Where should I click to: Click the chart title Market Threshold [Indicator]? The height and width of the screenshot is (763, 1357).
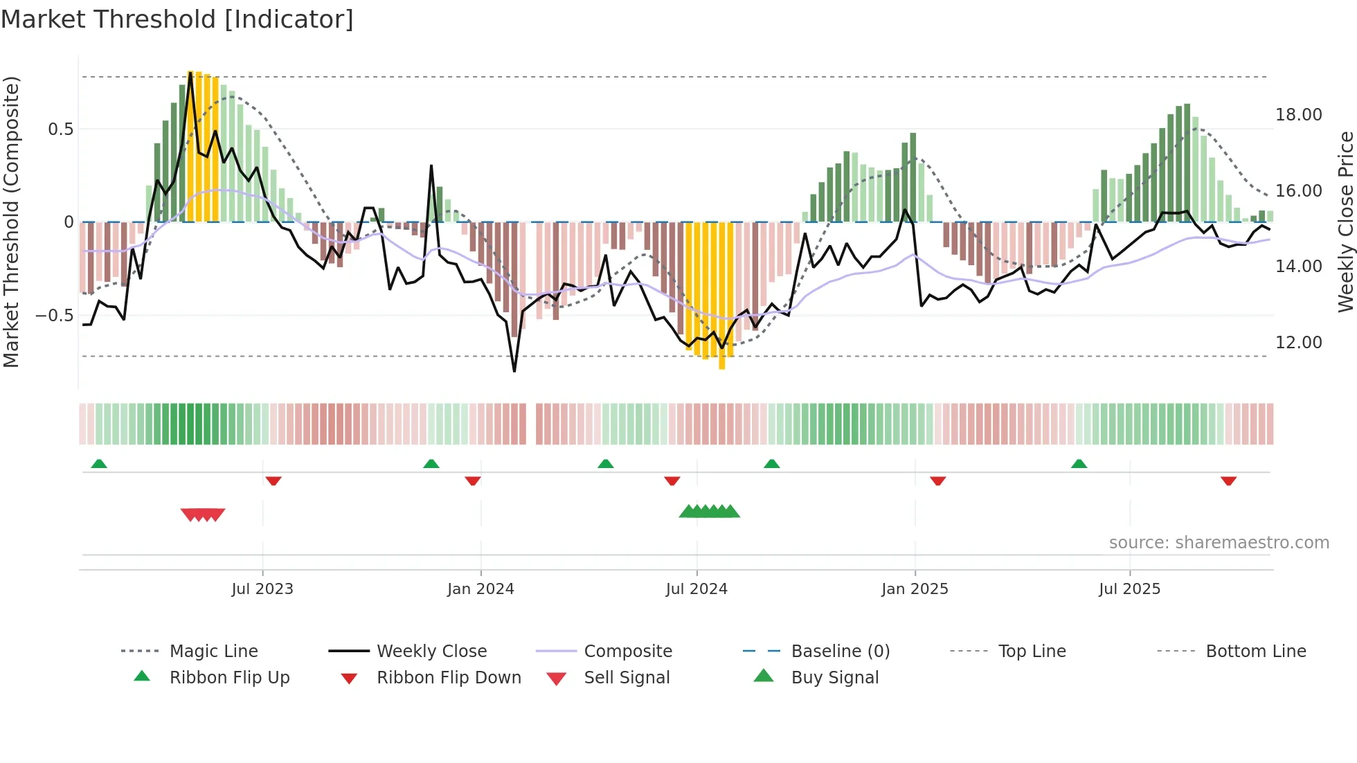click(x=177, y=19)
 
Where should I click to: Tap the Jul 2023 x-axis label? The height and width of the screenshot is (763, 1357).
click(x=262, y=589)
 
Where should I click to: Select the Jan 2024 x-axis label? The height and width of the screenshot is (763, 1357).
click(x=480, y=589)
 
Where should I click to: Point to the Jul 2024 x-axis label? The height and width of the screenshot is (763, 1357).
click(x=697, y=589)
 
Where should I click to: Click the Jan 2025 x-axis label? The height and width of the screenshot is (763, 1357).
click(x=915, y=589)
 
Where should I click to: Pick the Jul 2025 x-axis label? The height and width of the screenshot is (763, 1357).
click(x=1129, y=589)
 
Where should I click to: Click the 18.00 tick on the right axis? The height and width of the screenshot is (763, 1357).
click(x=1298, y=115)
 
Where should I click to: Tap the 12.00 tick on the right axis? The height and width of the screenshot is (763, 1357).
click(x=1298, y=343)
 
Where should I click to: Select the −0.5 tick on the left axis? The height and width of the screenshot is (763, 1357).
click(x=54, y=316)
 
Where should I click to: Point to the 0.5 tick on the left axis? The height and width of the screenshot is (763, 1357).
click(x=60, y=129)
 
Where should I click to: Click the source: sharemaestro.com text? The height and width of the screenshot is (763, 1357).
click(x=1219, y=543)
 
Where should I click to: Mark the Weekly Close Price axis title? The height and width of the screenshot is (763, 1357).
click(x=1345, y=222)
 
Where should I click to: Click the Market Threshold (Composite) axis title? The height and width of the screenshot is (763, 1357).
click(x=11, y=222)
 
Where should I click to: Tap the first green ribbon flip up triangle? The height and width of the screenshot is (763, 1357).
click(x=99, y=464)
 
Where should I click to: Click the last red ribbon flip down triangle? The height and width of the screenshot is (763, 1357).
click(x=1228, y=481)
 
